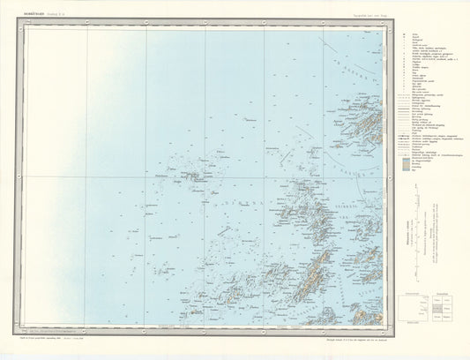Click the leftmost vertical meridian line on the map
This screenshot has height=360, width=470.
86,176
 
